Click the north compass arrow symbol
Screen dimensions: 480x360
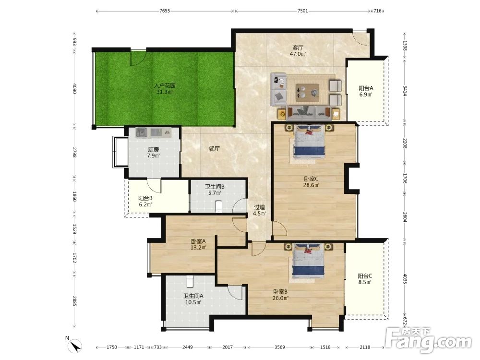click(76, 346)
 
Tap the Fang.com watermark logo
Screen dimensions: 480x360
click(429, 340)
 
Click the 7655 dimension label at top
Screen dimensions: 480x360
click(165, 11)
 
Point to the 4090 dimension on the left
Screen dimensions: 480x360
click(74, 88)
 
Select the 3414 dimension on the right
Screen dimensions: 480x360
click(405, 91)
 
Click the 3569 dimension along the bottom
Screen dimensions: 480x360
click(279, 347)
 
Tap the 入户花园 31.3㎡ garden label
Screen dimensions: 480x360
click(165, 89)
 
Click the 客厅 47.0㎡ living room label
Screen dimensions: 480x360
click(298, 51)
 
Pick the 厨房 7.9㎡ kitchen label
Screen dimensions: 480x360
click(154, 153)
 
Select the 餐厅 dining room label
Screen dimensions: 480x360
click(215, 149)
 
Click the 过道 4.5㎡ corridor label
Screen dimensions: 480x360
click(259, 210)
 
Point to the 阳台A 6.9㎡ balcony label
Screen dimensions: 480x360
click(366, 91)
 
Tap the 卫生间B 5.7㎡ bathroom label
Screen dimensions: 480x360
click(215, 190)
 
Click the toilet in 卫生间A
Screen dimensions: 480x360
click(190, 281)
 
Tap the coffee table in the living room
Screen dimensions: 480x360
click(307, 92)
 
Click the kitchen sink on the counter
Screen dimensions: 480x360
click(141, 133)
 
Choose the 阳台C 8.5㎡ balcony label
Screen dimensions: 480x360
click(365, 279)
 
